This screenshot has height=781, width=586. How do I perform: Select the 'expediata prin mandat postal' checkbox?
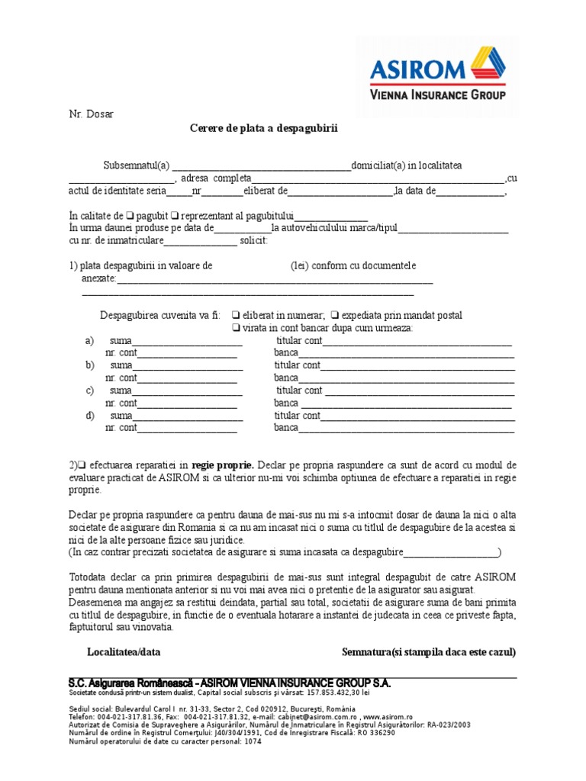[336, 315]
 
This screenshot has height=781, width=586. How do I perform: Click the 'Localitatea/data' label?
[124, 652]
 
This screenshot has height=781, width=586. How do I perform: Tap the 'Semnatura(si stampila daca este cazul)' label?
[429, 652]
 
